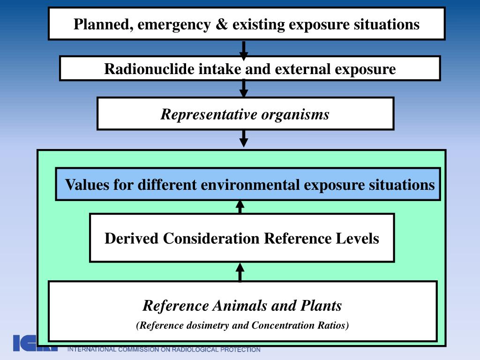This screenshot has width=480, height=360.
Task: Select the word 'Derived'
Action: coord(132,238)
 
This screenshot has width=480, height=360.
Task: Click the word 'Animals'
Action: coord(239,306)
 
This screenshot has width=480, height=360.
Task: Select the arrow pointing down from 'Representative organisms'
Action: coord(243,138)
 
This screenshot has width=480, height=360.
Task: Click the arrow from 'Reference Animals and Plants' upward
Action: coord(240,272)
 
